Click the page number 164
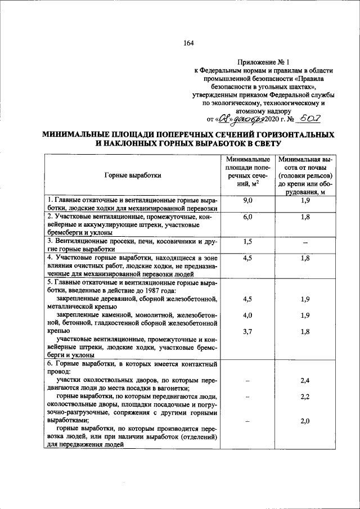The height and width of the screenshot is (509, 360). [x=188, y=44]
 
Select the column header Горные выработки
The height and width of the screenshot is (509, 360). [x=133, y=175]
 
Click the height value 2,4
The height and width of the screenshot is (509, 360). [x=305, y=381]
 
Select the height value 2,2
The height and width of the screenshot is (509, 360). [x=305, y=397]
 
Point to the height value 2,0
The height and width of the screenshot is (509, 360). [x=305, y=421]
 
